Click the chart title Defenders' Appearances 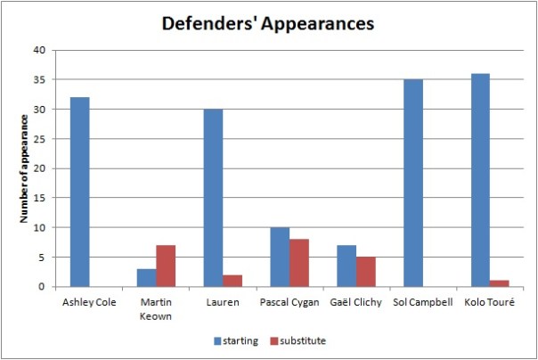point(267,23)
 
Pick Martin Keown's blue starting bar point(146,277)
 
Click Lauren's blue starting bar point(212,198)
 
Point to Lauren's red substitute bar point(232,281)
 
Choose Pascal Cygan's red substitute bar point(299,263)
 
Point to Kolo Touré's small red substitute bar point(499,283)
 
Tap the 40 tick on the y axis point(38,50)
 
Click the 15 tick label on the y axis point(38,198)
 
